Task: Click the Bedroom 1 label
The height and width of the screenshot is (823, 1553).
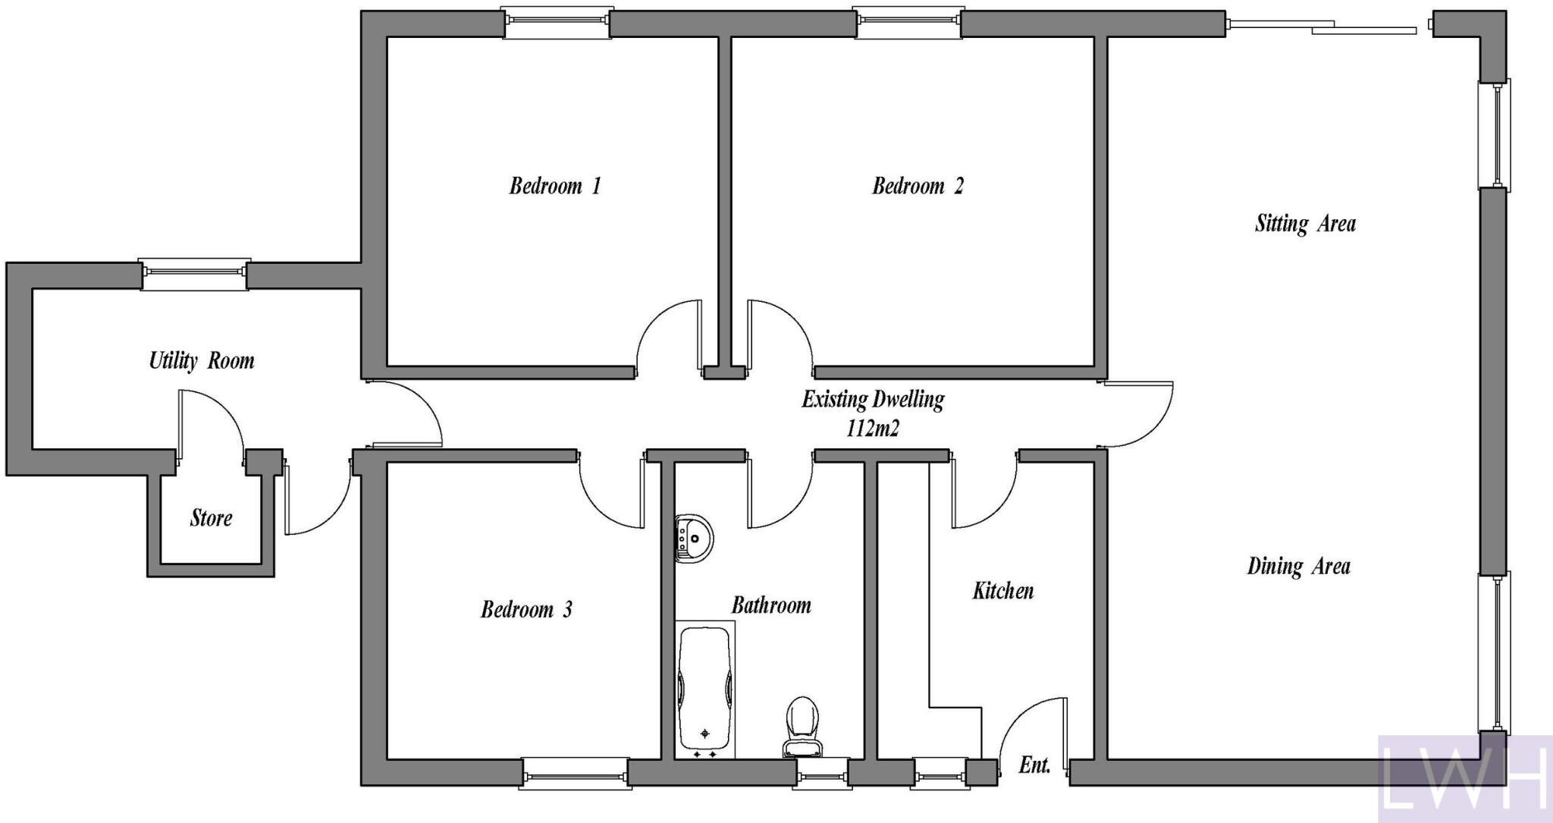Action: (554, 186)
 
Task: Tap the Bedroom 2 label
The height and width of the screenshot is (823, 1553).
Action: (918, 186)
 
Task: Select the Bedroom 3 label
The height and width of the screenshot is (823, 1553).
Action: (526, 609)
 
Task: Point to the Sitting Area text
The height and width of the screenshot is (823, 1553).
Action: (1305, 224)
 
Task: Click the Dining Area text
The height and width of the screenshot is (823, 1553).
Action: (1298, 566)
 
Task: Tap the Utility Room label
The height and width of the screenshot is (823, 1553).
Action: (201, 360)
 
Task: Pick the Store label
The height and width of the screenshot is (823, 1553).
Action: (211, 518)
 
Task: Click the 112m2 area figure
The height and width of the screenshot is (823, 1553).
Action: (872, 429)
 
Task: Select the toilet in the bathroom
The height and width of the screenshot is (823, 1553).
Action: (802, 727)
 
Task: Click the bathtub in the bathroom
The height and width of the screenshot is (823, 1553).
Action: (705, 689)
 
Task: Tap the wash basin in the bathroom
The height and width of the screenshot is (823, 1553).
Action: (694, 538)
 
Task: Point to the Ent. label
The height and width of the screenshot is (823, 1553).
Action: (1034, 765)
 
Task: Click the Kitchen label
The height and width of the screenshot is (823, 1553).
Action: (1002, 590)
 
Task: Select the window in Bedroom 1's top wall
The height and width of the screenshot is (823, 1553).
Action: (557, 23)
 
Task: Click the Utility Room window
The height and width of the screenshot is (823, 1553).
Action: (194, 274)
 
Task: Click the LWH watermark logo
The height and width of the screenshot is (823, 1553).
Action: (1464, 778)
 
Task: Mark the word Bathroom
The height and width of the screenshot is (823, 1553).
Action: (770, 605)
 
